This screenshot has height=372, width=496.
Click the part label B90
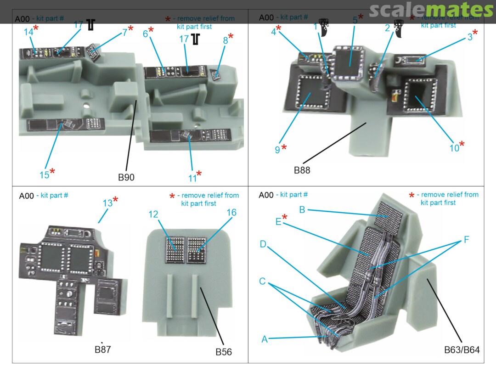coord(126,177)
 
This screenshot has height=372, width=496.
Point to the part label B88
coord(302,170)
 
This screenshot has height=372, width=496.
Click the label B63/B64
coord(462,349)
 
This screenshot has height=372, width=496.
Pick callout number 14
coord(28,32)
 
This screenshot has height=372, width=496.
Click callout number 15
coord(44,175)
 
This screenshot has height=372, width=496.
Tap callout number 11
coord(192,177)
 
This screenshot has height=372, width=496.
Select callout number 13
coord(107,203)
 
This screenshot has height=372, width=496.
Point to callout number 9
coord(277,149)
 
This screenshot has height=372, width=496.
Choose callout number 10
coord(454,148)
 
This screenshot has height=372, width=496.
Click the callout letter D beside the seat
coord(263,244)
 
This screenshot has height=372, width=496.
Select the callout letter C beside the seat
coord(262,281)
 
